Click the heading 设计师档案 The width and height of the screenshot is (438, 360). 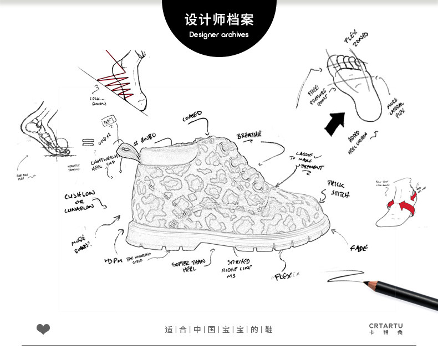pyautogui.click(x=219, y=20)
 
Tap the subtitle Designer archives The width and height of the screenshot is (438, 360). pyautogui.click(x=219, y=34)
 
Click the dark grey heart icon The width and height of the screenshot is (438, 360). pyautogui.click(x=43, y=330)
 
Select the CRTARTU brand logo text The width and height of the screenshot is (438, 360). pyautogui.click(x=386, y=326)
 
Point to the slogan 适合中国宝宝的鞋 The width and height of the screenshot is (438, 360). pyautogui.click(x=219, y=330)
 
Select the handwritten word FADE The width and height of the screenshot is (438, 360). pyautogui.click(x=358, y=249)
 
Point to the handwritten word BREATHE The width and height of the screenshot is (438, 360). pyautogui.click(x=249, y=136)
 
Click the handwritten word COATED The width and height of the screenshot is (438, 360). pyautogui.click(x=192, y=116)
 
